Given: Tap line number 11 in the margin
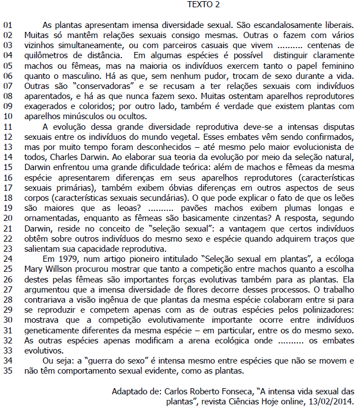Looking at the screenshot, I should (x=9, y=126).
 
